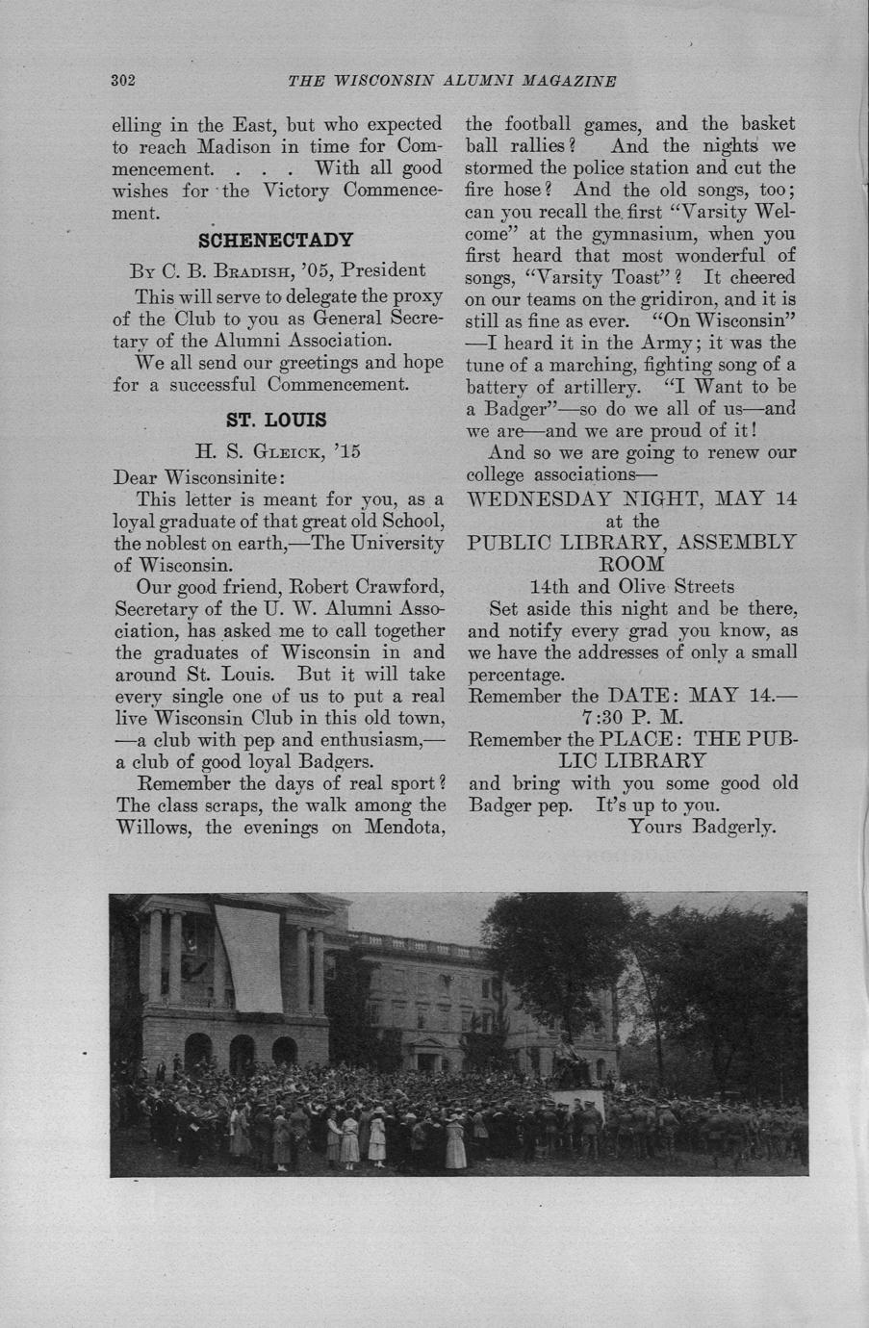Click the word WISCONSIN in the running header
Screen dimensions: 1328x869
(388, 81)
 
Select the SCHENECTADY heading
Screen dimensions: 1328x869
(275, 240)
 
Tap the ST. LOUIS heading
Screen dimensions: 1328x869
(276, 421)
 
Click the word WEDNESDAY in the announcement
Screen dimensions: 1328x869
(552, 498)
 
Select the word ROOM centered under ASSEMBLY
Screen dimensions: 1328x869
(631, 564)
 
